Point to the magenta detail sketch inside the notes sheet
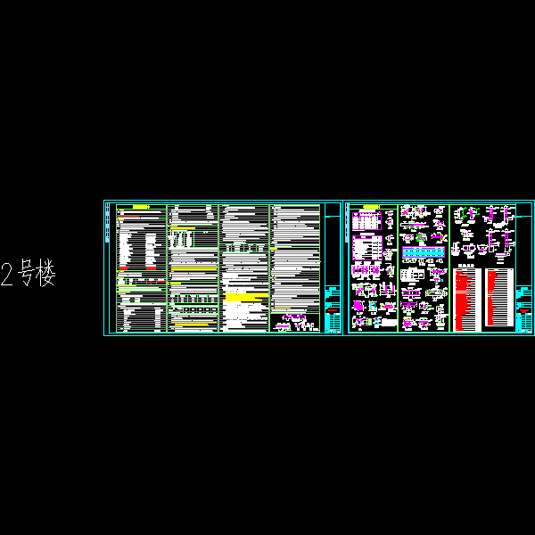[x=294, y=323]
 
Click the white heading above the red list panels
[x=465, y=265]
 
